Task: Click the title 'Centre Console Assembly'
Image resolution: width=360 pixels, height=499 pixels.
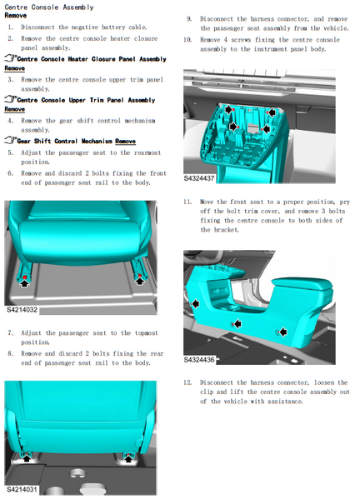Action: pyautogui.click(x=49, y=7)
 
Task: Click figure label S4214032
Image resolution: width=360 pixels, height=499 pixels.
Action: pyautogui.click(x=22, y=310)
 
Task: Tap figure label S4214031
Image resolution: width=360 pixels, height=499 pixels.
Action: pyautogui.click(x=22, y=490)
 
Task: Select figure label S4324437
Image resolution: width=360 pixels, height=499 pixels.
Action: pyautogui.click(x=199, y=178)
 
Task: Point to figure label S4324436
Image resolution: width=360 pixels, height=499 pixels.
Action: pyautogui.click(x=199, y=360)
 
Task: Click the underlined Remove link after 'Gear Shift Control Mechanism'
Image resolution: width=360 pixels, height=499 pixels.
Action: pyautogui.click(x=125, y=142)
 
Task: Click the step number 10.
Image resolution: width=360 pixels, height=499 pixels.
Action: pyautogui.click(x=187, y=40)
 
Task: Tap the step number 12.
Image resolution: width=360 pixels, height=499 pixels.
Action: pyautogui.click(x=187, y=382)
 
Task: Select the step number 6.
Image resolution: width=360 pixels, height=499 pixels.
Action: pyautogui.click(x=11, y=173)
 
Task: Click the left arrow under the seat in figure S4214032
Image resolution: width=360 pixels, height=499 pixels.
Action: pyautogui.click(x=24, y=282)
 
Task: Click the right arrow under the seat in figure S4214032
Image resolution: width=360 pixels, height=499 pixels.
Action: pyautogui.click(x=139, y=281)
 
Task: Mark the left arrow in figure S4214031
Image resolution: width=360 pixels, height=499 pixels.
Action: pyautogui.click(x=27, y=458)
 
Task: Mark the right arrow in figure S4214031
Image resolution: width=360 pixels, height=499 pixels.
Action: pyautogui.click(x=128, y=458)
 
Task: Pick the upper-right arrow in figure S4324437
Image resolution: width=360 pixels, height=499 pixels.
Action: pyautogui.click(x=271, y=112)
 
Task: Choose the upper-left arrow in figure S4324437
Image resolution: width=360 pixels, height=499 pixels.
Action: pyautogui.click(x=229, y=109)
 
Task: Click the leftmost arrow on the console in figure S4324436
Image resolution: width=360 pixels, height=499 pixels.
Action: pyautogui.click(x=196, y=303)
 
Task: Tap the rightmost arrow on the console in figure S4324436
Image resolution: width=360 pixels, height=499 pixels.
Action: pyautogui.click(x=282, y=332)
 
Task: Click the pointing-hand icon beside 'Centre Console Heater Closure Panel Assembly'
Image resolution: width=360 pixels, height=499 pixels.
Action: pyautogui.click(x=11, y=58)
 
